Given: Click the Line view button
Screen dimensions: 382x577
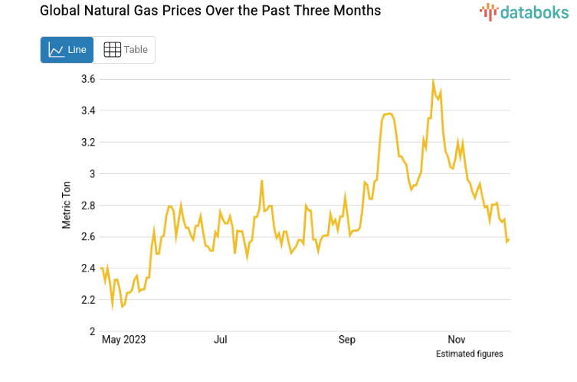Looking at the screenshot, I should pos(67,50).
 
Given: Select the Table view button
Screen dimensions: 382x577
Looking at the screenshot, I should pos(125,50).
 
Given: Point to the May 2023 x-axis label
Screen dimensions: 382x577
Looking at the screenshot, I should pos(123,339).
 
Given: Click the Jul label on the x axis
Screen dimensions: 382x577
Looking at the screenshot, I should pos(221,339).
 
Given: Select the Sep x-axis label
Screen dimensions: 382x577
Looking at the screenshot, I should pos(347,339).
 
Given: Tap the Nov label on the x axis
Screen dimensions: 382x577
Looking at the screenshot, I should pos(457,339).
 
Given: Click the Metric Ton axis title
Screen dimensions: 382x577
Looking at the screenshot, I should pos(67,206).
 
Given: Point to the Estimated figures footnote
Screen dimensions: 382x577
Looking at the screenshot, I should pos(469,354).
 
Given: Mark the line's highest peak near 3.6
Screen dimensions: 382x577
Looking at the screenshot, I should pos(434,81).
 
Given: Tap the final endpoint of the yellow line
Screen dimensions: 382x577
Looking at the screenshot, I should pos(510,240).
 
